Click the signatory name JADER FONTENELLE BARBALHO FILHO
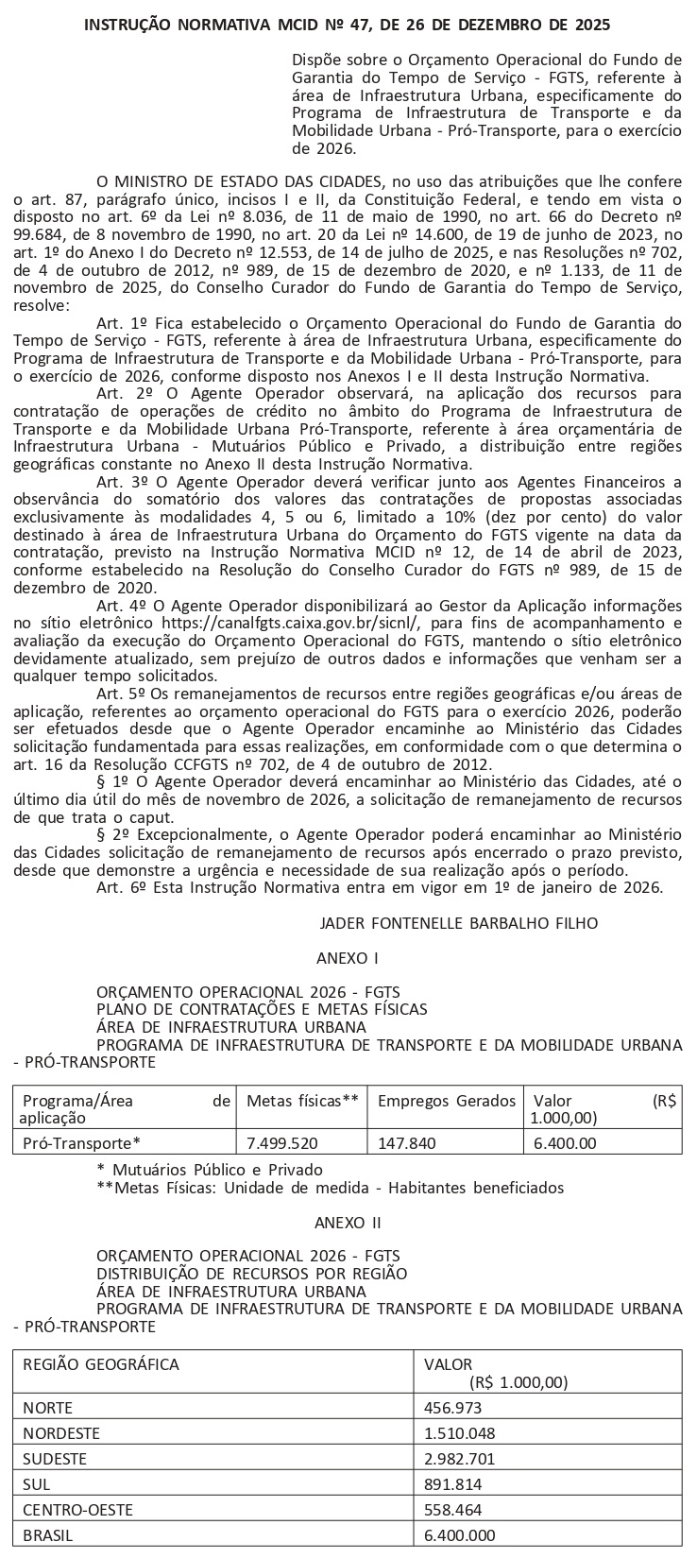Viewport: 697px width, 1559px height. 459,922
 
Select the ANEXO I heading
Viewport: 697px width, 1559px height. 348,957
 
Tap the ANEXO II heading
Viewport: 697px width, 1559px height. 348,1222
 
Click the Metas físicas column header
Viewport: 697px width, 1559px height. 302,1101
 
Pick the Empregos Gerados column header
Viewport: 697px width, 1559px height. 447,1101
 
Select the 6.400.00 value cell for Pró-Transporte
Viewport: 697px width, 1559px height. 565,1142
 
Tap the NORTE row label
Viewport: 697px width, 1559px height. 47,1407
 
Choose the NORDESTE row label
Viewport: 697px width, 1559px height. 61,1432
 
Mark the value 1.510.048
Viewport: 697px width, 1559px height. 460,1432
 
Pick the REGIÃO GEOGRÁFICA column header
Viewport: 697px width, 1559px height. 100,1364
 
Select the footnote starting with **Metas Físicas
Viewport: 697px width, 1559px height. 330,1187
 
